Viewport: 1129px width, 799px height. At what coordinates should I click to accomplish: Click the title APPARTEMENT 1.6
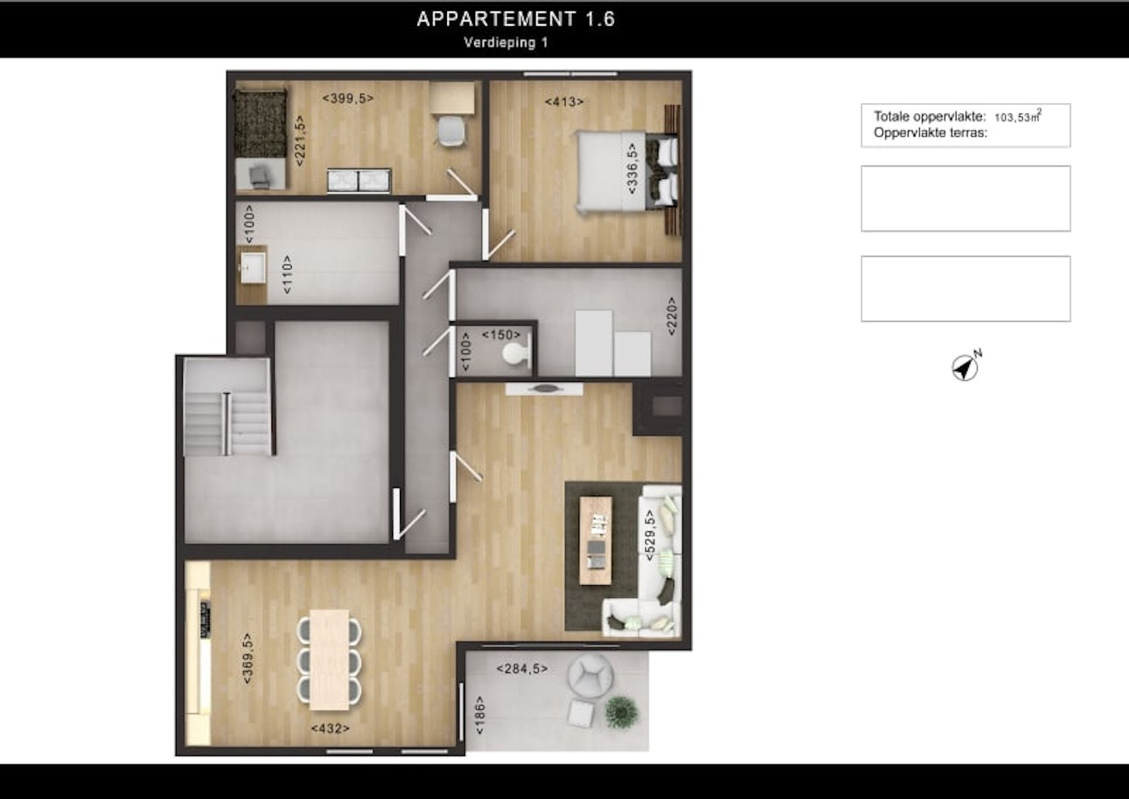[515, 19]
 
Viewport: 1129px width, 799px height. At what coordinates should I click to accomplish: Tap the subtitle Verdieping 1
[505, 42]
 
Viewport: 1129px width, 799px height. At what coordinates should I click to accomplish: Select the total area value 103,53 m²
[1017, 116]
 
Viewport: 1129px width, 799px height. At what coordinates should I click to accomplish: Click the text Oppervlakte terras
[930, 133]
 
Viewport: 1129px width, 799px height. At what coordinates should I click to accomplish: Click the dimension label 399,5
[348, 98]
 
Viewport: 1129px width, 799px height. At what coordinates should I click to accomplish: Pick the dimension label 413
[564, 102]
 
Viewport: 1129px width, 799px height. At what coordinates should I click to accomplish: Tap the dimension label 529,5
[650, 536]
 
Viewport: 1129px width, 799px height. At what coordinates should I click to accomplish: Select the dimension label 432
[330, 728]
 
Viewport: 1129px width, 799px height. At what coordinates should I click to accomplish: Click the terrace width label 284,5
[522, 669]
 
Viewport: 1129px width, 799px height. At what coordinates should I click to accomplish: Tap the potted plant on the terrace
[622, 712]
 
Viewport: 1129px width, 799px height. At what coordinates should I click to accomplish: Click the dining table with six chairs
[329, 660]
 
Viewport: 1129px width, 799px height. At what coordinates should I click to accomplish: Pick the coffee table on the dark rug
[595, 540]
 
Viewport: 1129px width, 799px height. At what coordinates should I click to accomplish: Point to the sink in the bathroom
[253, 268]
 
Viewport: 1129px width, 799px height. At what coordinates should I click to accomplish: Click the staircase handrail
[227, 424]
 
